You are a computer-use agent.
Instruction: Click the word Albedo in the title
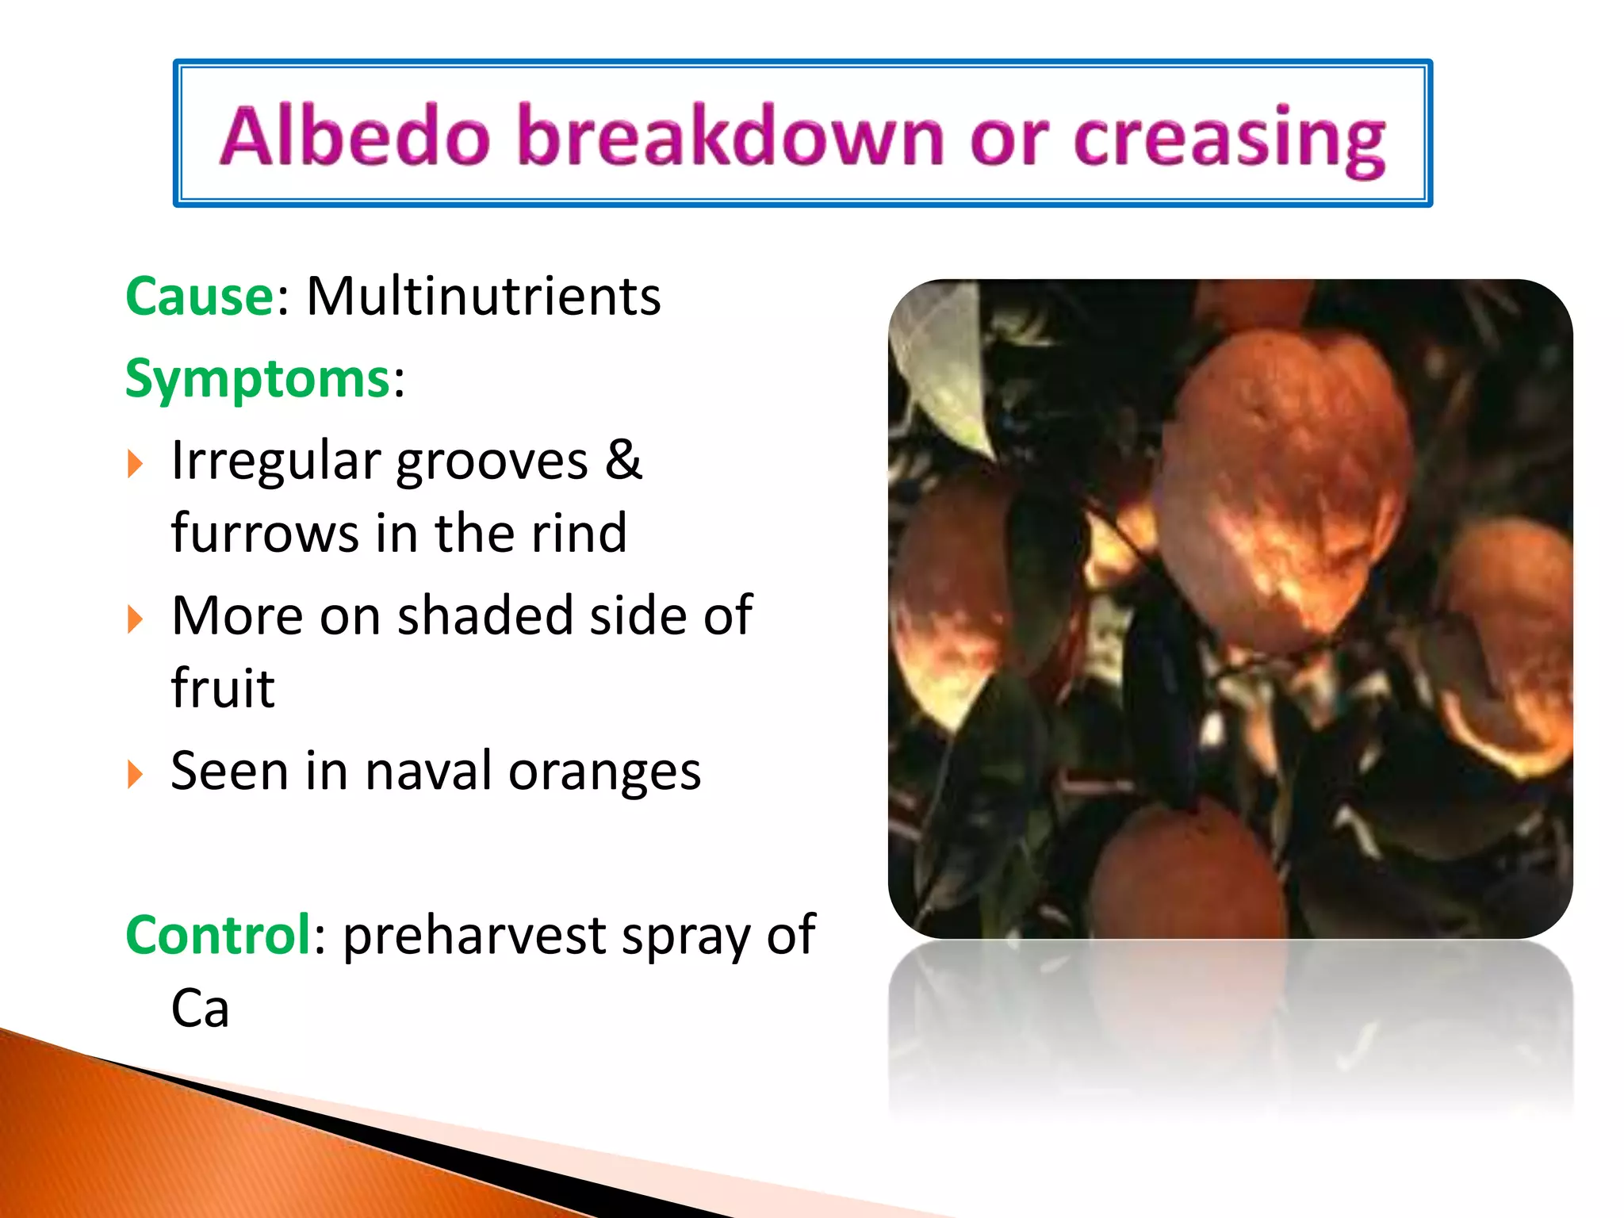point(354,136)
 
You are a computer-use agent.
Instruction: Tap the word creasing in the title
point(1228,140)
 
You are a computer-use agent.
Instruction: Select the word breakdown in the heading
point(730,136)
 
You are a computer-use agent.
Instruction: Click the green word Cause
point(200,297)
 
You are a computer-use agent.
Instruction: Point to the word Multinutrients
point(483,297)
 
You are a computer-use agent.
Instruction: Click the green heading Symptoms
point(259,379)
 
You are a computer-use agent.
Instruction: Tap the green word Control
point(218,935)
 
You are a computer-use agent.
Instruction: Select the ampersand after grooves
point(623,460)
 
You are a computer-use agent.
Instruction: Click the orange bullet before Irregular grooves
point(136,464)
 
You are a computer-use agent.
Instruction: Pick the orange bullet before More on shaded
point(136,619)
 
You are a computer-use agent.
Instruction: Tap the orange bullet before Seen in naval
point(136,774)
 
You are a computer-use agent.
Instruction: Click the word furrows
point(265,533)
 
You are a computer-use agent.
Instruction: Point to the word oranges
point(604,772)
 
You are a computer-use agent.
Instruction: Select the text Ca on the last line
point(200,1009)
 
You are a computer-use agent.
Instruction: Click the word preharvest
point(474,936)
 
